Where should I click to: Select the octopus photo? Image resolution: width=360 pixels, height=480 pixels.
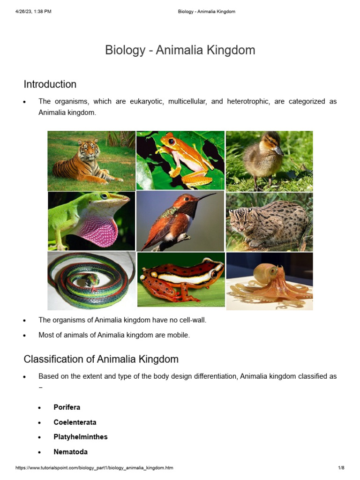point(269,281)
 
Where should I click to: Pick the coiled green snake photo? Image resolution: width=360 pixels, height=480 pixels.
point(91,280)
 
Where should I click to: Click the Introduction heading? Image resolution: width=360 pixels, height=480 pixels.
point(50,84)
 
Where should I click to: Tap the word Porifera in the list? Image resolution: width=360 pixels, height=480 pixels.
point(67,407)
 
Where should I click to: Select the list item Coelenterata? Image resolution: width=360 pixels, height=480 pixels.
point(75,422)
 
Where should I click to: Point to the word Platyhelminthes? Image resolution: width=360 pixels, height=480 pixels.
point(81,437)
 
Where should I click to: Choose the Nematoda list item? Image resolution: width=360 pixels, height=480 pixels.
point(70,452)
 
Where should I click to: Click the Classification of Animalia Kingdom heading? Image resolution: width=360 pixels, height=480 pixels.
point(101,360)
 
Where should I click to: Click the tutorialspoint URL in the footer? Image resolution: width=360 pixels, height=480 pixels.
point(94,468)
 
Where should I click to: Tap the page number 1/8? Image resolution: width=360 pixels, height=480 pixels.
point(341,468)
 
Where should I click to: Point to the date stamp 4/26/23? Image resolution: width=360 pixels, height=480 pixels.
point(24,12)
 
